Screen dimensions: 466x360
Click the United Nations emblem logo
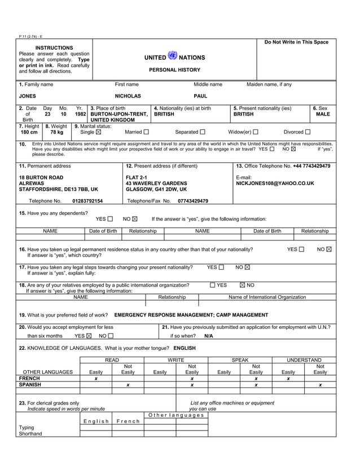tap(173, 56)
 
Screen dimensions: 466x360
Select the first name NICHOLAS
tap(128, 96)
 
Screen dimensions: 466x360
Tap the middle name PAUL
tap(200, 96)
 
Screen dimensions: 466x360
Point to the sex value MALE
tap(323, 115)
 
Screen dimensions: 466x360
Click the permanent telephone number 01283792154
tap(87, 201)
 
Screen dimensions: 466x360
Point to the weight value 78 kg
tap(57, 133)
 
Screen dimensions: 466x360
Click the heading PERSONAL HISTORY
tap(174, 70)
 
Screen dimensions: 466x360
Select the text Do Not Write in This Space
tap(296, 43)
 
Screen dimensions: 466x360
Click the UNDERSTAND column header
tap(304, 360)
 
